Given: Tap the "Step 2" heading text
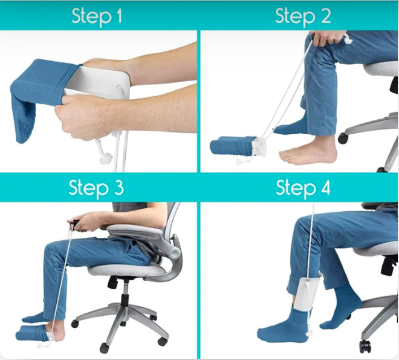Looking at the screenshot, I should (303, 16).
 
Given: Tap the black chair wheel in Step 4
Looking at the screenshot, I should (365, 346).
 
